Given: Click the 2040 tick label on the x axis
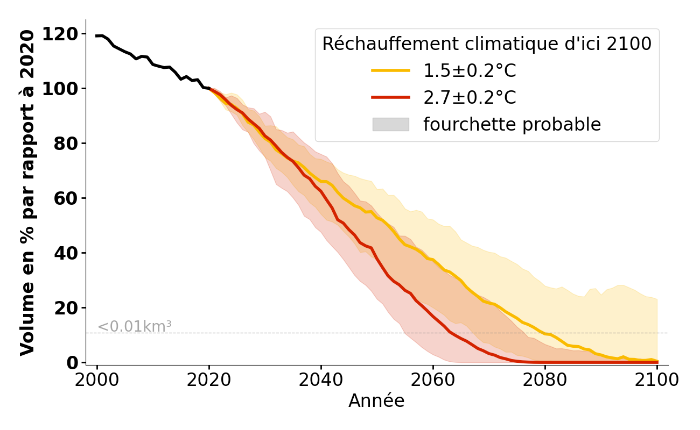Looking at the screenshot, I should [x=321, y=380].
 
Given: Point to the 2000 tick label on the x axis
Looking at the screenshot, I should [x=97, y=380].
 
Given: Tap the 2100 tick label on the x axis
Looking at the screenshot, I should [x=657, y=380].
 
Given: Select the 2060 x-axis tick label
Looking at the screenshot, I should [x=433, y=380].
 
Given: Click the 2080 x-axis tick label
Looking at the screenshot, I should [x=545, y=380].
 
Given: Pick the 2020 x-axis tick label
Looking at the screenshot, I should [x=209, y=380].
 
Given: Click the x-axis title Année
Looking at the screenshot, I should [x=376, y=401].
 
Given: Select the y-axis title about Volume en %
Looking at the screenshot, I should [x=27, y=192].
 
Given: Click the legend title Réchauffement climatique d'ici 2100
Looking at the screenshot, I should [x=487, y=44].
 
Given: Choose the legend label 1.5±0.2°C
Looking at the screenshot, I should [x=470, y=71].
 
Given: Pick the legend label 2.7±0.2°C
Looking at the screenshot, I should [x=470, y=98].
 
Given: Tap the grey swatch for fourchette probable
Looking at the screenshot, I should [x=390, y=124].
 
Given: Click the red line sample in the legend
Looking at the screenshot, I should [x=390, y=97].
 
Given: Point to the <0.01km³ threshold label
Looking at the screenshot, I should [x=134, y=327].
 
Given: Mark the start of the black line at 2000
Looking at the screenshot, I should [x=97, y=36].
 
